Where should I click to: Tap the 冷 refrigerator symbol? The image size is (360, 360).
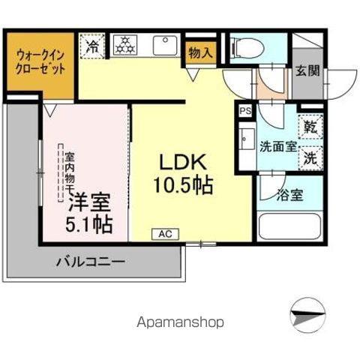pos(93,45)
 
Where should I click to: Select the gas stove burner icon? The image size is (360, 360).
pos(126,46)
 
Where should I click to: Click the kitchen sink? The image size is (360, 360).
pos(166,46)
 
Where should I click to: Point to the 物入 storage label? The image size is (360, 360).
pos(200,53)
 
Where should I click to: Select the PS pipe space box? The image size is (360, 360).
pos(244,110)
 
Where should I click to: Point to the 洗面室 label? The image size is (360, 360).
pos(277,145)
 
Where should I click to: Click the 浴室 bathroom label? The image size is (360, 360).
pos(289,196)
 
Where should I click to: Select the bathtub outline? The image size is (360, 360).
pos(289,226)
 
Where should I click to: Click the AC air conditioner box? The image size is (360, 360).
pos(164,234)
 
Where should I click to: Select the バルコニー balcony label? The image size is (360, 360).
pos(91,262)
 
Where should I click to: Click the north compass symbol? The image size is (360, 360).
pos(308,315)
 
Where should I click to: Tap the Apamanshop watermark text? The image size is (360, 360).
pos(181,322)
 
